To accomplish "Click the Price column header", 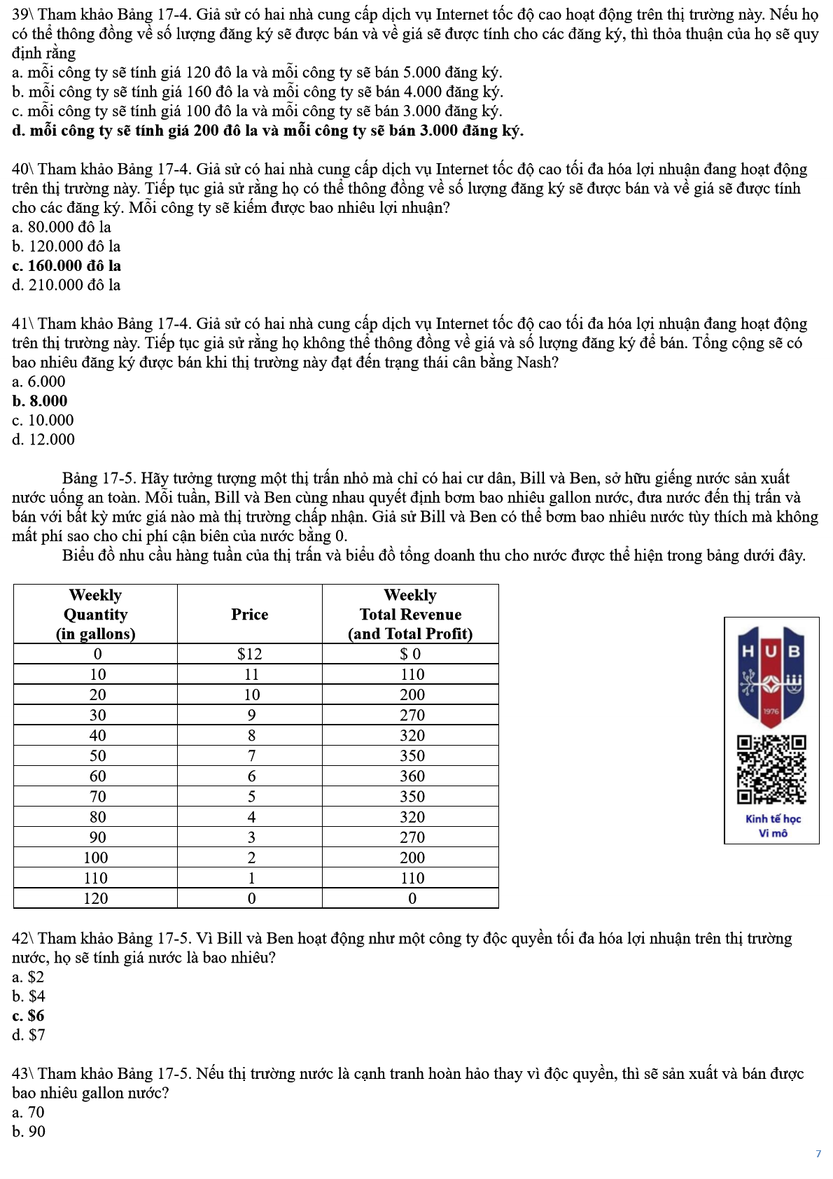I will [249, 614].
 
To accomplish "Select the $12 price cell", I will [249, 654].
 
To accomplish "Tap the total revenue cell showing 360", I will [412, 776].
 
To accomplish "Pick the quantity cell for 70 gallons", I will [97, 796].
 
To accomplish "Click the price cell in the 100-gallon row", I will [251, 858].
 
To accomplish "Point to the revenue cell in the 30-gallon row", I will [412, 715].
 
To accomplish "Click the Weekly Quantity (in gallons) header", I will [95, 614].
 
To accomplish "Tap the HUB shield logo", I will [771, 676].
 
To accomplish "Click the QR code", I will [771, 769].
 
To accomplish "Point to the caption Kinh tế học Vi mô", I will [773, 826].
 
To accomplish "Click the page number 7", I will [818, 1154].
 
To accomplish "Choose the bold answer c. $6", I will [28, 1015].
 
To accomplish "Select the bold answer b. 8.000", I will [40, 401].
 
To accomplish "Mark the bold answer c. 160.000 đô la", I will [66, 266].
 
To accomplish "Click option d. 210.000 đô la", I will [66, 285].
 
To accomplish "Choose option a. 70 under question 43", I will [28, 1112].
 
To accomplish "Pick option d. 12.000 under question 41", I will [43, 440].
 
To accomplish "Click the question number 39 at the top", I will [20, 15].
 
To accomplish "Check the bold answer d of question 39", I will [267, 131].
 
